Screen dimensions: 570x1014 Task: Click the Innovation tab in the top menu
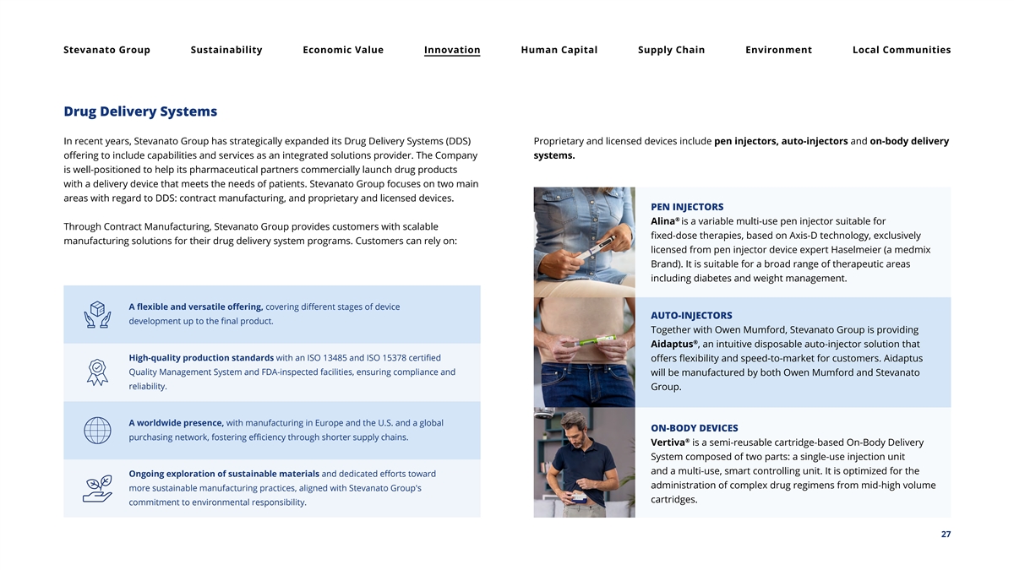point(452,50)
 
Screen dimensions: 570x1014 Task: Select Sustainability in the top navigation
point(226,50)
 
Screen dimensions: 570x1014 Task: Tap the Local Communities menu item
point(901,50)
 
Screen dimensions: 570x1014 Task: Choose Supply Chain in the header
point(671,50)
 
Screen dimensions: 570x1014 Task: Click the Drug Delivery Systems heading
point(140,111)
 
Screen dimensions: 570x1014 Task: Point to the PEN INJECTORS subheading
point(687,207)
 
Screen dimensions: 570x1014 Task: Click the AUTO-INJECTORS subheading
point(691,316)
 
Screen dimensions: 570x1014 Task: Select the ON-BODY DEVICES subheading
point(694,428)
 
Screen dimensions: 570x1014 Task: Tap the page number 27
point(946,535)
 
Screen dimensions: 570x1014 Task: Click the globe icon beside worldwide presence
point(97,431)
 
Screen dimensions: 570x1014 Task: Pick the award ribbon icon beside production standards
point(97,372)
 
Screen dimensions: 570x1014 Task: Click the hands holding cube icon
point(97,314)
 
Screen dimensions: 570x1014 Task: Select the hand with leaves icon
point(97,489)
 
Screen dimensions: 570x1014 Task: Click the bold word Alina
point(663,221)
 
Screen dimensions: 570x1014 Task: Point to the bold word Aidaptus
point(673,345)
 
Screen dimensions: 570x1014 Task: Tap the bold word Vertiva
point(668,442)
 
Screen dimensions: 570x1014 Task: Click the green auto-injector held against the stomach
point(595,340)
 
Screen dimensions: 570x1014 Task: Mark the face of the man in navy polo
point(574,426)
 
